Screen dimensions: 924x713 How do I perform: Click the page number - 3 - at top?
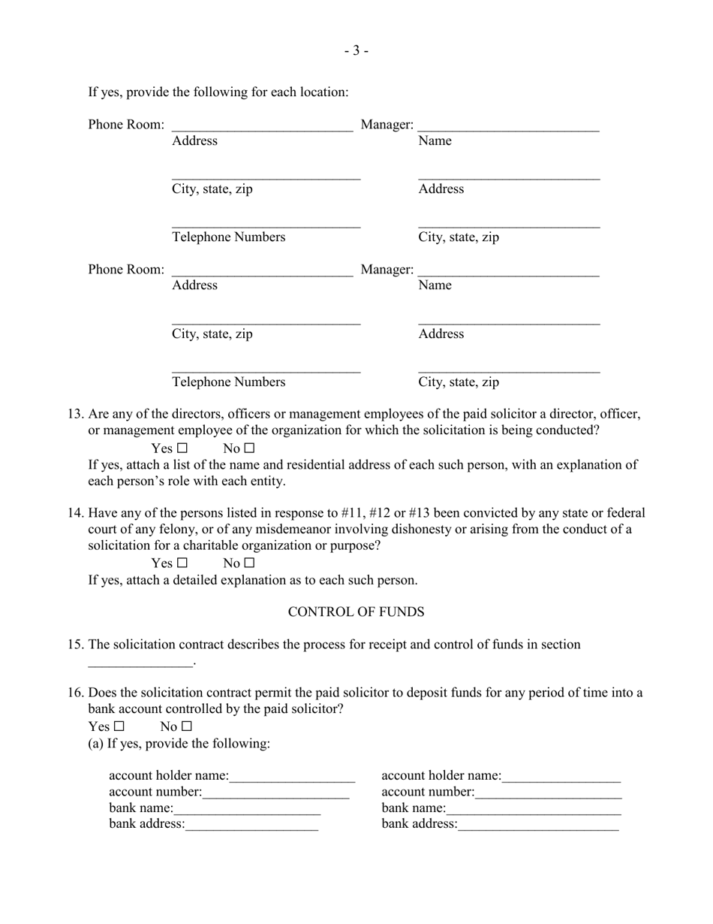[356, 51]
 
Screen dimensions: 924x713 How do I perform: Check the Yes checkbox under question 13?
[182, 449]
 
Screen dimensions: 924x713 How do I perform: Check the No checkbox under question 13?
[250, 449]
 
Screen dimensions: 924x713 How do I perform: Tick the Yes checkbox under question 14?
[182, 563]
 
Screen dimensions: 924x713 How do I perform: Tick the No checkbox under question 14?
[250, 563]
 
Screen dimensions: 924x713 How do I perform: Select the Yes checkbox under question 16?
[119, 727]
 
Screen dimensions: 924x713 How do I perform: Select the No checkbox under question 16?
[187, 727]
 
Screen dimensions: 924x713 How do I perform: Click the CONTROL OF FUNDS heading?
[356, 612]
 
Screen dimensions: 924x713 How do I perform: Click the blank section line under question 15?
[140, 662]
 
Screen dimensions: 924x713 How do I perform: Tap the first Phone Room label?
[126, 125]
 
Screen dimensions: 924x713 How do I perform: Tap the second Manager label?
[387, 270]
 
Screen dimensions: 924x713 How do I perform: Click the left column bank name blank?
[247, 810]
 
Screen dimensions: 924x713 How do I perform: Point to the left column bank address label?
[146, 824]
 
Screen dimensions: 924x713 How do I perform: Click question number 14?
[75, 514]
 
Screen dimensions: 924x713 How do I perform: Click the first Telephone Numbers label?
[228, 237]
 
